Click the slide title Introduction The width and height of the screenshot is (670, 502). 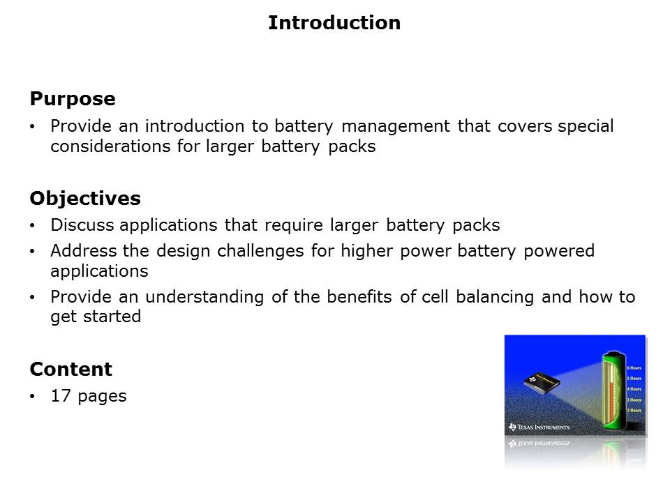(x=334, y=23)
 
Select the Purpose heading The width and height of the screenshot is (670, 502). (x=73, y=100)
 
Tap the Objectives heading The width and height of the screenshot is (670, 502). (x=85, y=199)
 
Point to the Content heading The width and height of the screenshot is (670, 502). (x=70, y=369)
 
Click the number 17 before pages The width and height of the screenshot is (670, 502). (x=60, y=397)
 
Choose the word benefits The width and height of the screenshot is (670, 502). (x=357, y=297)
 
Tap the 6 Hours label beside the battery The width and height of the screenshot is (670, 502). (x=634, y=367)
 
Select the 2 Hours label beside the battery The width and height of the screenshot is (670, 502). (x=634, y=410)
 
